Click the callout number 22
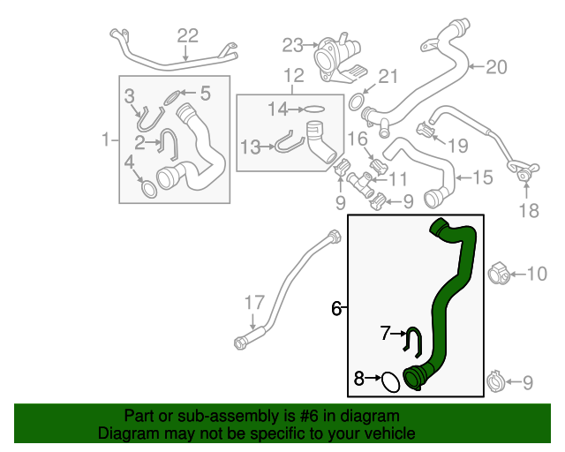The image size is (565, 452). click(188, 35)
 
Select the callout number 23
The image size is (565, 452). click(292, 44)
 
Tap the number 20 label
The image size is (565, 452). click(497, 66)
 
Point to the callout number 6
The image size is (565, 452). click(335, 308)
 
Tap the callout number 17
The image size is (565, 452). click(254, 303)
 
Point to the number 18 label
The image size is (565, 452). click(527, 210)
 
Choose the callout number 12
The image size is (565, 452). click(292, 75)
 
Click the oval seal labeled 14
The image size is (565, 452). click(314, 109)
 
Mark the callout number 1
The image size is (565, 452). click(106, 139)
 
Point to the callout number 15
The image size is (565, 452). click(482, 177)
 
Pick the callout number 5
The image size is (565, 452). click(205, 92)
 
